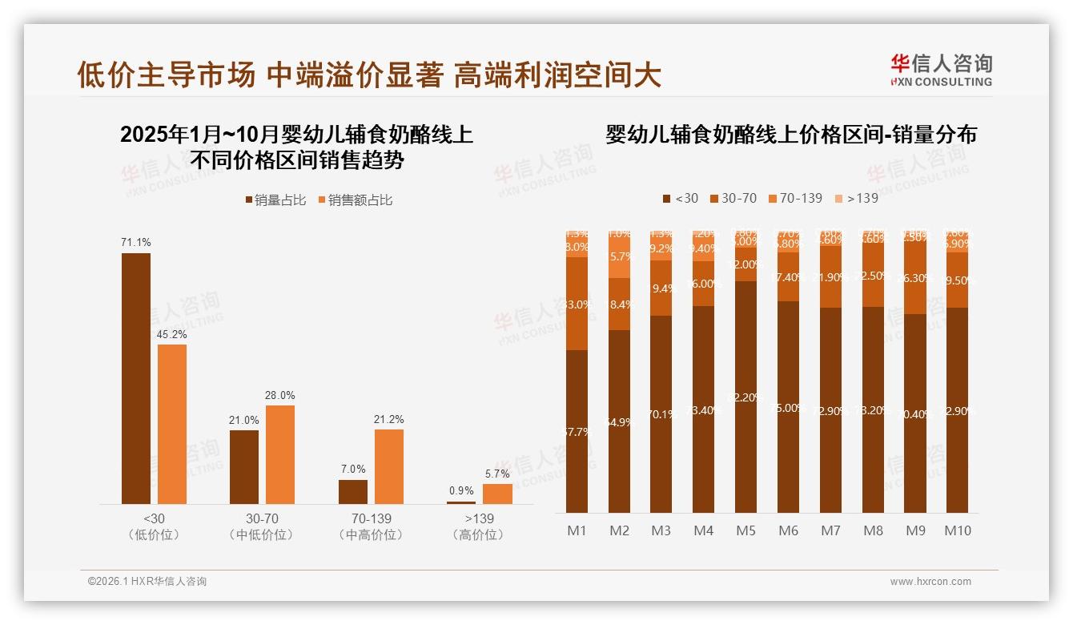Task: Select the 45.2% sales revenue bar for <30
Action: pyautogui.click(x=172, y=424)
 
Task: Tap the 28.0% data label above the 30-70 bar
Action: pyautogui.click(x=280, y=395)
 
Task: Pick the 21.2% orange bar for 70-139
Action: pyautogui.click(x=389, y=466)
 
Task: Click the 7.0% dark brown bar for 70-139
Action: pyautogui.click(x=353, y=491)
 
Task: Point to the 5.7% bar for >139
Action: pyautogui.click(x=497, y=494)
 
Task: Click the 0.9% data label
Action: pyautogui.click(x=461, y=490)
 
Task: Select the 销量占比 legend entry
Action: pyautogui.click(x=275, y=200)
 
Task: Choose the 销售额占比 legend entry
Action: pyautogui.click(x=356, y=200)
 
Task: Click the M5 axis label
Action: pyautogui.click(x=745, y=530)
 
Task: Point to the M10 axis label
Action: pyautogui.click(x=957, y=530)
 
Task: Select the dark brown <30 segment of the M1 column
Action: pyautogui.click(x=577, y=431)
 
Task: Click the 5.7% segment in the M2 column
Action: pyautogui.click(x=619, y=257)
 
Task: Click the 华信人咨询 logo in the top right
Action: pyautogui.click(x=941, y=70)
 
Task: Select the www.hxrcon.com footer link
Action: pyautogui.click(x=930, y=582)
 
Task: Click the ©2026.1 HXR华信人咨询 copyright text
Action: pyautogui.click(x=147, y=582)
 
